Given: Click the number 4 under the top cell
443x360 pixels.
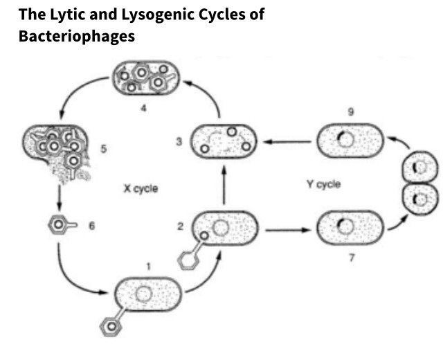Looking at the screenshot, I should click(x=143, y=109).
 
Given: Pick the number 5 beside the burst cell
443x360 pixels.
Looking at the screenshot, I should click(x=102, y=148).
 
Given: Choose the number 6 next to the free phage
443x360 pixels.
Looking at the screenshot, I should click(x=91, y=226).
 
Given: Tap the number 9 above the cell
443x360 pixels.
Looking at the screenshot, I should click(x=349, y=110).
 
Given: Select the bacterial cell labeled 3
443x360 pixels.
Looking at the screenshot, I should click(x=224, y=140).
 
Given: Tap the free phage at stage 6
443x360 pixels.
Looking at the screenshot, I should click(x=59, y=226).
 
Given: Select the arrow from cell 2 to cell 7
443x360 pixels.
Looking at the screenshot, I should click(x=286, y=227).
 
